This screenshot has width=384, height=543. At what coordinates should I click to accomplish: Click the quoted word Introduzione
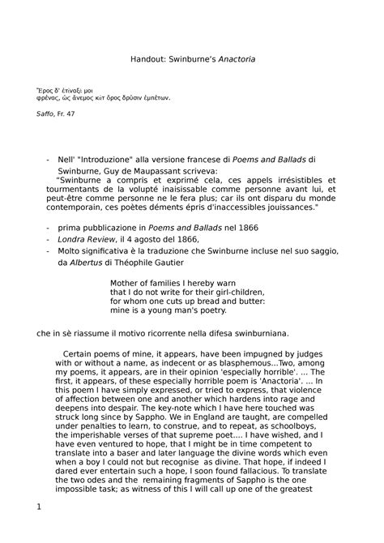(x=118, y=160)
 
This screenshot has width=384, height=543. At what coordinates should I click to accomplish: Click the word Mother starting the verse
(x=126, y=284)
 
